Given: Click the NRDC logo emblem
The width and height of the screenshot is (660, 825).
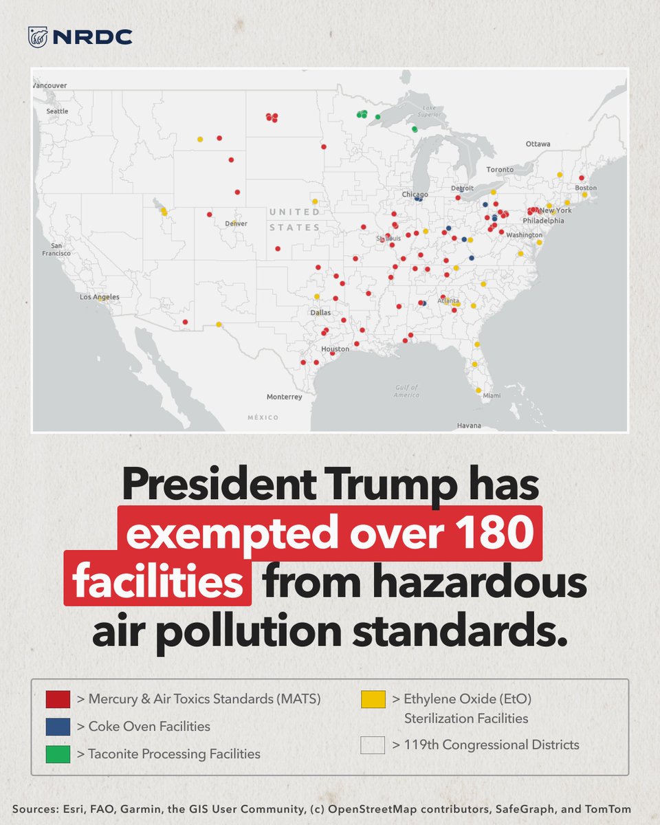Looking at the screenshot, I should click(38, 37).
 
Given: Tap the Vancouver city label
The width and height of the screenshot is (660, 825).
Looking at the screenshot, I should click(50, 85).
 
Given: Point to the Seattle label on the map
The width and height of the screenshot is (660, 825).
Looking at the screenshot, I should click(57, 111).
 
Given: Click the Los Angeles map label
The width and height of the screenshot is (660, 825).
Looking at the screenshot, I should click(100, 297).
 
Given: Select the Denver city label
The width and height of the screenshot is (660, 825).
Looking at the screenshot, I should click(236, 223).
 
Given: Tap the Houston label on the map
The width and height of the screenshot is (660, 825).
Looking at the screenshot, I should click(335, 349).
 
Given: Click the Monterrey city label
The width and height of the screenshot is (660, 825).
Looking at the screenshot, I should click(284, 397).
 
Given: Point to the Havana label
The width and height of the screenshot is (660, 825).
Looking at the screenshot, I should click(469, 426).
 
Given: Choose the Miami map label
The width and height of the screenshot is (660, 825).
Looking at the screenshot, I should click(492, 395).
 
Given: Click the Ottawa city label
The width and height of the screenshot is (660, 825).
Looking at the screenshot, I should click(538, 144).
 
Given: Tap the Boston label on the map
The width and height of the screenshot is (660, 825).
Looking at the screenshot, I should click(586, 188).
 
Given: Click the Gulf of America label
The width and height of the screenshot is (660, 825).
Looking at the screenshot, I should click(406, 391).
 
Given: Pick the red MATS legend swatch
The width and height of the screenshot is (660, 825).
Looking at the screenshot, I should click(58, 699).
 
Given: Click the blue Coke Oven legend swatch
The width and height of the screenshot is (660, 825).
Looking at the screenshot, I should click(58, 727).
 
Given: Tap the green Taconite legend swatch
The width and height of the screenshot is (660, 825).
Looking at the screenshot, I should click(58, 754).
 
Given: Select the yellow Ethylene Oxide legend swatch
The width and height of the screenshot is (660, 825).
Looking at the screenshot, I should click(373, 699).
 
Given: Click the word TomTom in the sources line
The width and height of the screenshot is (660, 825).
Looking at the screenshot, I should click(608, 810).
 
